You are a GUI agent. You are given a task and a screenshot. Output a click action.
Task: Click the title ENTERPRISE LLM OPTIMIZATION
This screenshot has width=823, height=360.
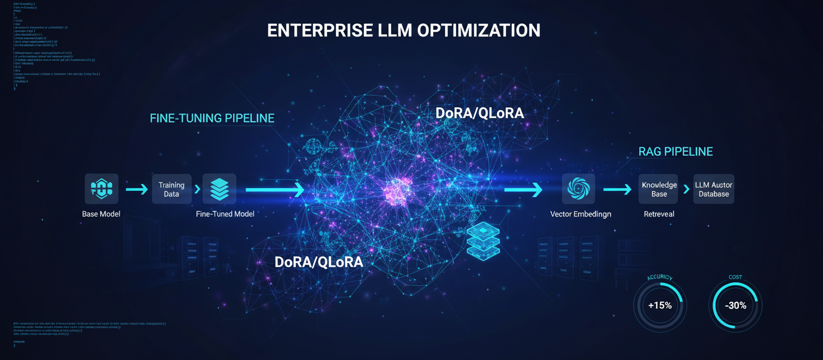click(x=403, y=31)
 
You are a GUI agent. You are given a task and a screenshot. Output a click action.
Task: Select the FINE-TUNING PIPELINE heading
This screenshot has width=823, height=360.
click(x=212, y=118)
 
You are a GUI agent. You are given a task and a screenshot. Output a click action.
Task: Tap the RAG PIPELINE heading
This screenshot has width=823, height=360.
click(x=676, y=152)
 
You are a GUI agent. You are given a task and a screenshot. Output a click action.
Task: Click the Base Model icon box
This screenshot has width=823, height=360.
click(x=101, y=189)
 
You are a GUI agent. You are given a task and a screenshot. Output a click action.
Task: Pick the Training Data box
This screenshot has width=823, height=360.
click(x=171, y=189)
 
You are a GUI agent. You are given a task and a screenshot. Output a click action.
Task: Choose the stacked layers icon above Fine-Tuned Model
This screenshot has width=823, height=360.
click(x=219, y=189)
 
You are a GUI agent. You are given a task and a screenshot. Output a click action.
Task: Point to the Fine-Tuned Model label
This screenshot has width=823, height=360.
click(x=225, y=214)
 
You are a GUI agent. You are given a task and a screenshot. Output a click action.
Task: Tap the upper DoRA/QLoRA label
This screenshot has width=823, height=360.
click(x=480, y=113)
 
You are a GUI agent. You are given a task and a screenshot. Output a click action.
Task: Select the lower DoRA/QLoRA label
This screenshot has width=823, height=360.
click(x=319, y=262)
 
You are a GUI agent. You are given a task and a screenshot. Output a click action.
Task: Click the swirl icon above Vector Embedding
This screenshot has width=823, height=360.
click(x=578, y=189)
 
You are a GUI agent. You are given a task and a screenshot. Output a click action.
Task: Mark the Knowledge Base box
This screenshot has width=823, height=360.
click(x=659, y=189)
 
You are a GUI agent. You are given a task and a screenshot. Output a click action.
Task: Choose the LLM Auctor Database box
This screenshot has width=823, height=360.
click(x=714, y=189)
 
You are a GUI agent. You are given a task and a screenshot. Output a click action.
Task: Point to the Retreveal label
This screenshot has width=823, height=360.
click(x=659, y=214)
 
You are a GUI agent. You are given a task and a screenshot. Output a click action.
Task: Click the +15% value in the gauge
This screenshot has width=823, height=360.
click(x=660, y=305)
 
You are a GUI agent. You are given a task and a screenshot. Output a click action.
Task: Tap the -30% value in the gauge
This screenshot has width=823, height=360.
click(x=735, y=305)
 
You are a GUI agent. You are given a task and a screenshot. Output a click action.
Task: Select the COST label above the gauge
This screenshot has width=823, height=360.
click(x=735, y=277)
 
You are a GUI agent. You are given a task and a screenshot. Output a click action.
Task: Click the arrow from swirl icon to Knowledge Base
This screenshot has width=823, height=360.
click(x=617, y=189)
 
